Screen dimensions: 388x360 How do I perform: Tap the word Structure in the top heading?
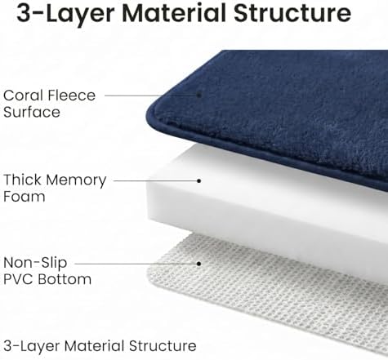pos(293,13)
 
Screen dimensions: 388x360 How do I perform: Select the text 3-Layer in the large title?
pos(65,14)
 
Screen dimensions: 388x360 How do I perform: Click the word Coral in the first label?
pos(23,96)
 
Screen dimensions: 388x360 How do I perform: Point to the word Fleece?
pos(72,96)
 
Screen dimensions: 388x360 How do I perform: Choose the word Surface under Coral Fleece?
pos(32,112)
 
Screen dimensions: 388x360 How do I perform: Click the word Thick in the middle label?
pos(23,180)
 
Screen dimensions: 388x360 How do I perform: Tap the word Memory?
pos(76,180)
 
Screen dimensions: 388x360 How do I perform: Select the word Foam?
pos(25,197)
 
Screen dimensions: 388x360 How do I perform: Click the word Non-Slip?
pos(35,263)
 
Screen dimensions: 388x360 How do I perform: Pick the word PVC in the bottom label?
pos(18,279)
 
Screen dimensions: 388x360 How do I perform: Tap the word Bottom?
pos(65,279)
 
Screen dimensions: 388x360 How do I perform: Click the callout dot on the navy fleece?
pos(199,95)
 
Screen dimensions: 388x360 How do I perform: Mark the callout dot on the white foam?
pos(199,180)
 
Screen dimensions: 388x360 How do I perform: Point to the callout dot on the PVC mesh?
pos(199,264)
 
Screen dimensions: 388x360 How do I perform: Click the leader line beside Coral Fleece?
pos(150,96)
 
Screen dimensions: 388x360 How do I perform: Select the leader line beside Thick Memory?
pos(155,180)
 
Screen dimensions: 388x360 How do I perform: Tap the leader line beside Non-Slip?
pos(136,264)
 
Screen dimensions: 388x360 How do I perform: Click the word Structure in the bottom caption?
pos(163,346)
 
